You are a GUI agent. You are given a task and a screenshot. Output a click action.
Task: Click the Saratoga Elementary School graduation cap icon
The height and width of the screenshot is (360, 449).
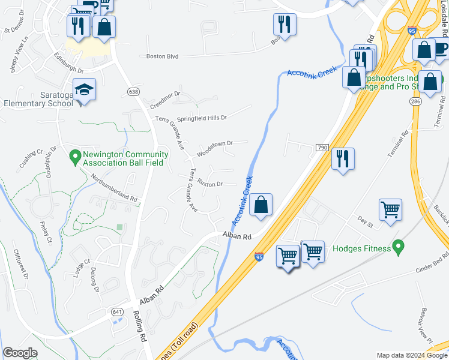click(x=85, y=91)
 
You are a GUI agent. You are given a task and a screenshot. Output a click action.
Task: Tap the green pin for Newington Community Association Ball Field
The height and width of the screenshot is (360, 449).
click(x=75, y=157)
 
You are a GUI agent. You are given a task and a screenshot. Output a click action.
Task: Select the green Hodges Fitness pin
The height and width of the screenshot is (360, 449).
click(x=397, y=247)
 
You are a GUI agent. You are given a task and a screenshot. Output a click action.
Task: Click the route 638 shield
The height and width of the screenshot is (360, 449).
click(x=133, y=91)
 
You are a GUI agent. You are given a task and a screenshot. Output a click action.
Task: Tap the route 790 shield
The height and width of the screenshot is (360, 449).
click(x=322, y=148)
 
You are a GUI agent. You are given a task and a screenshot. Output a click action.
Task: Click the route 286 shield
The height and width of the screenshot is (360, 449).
click(x=415, y=103)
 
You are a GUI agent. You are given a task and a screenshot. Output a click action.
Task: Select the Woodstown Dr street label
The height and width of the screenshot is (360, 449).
click(x=215, y=145)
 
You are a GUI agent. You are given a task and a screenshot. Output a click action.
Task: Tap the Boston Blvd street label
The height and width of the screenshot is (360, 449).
click(x=163, y=56)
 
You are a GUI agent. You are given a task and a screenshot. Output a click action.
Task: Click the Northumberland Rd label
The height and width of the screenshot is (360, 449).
click(x=114, y=187)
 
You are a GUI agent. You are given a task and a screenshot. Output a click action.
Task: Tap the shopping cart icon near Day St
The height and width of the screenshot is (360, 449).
click(x=390, y=209)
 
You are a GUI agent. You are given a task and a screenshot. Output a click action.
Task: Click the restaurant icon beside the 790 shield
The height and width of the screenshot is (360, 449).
click(x=343, y=159)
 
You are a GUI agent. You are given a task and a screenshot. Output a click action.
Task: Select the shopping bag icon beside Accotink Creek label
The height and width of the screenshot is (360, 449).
click(x=261, y=205)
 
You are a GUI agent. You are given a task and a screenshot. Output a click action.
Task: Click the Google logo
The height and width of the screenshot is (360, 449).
click(x=20, y=353)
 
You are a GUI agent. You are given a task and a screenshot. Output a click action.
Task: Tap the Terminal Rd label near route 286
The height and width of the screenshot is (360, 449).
click(x=397, y=144)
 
